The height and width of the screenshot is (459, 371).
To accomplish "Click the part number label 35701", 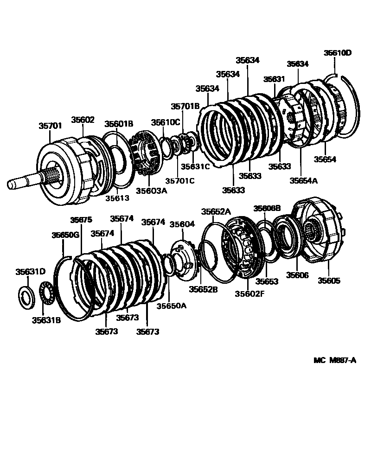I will [x=50, y=125].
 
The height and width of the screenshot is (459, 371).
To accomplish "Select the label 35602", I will [x=83, y=119].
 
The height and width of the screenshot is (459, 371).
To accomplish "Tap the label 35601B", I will [x=119, y=124].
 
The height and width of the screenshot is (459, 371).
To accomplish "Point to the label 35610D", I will [x=338, y=53].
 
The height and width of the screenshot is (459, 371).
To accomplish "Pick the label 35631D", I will [x=31, y=272].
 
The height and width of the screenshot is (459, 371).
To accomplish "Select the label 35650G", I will [x=65, y=235].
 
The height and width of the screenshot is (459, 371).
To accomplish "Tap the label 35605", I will [x=329, y=280].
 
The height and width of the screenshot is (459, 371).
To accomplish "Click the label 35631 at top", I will [x=274, y=79].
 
